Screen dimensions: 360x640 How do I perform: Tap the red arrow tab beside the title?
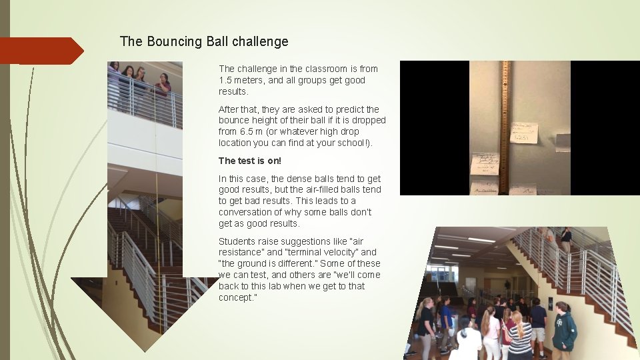tap(41, 51)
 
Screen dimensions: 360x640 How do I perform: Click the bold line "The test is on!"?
tap(250, 161)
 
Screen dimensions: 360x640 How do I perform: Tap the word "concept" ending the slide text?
tap(237, 297)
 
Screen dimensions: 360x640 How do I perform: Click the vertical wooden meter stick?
tap(504, 127)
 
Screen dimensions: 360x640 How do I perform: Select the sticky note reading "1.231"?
tap(524, 132)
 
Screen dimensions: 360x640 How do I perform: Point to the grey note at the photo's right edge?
tap(563, 142)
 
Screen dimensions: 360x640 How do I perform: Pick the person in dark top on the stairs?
tap(565, 239)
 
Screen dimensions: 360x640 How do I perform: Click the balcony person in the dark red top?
tap(163, 87)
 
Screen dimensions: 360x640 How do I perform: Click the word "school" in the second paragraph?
tap(350, 143)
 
